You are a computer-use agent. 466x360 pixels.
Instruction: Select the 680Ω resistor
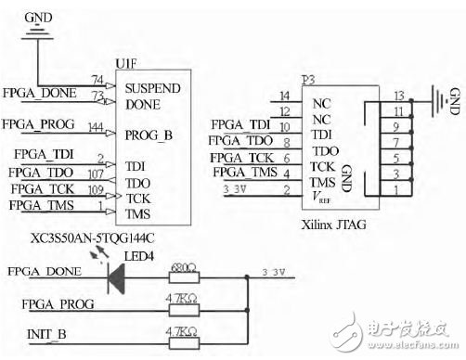pyautogui.click(x=181, y=276)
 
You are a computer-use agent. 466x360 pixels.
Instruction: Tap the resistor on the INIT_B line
pyautogui.click(x=181, y=332)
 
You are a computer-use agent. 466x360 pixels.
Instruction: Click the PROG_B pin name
pyautogui.click(x=149, y=135)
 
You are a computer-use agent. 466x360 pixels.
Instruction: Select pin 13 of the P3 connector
pyautogui.click(x=398, y=96)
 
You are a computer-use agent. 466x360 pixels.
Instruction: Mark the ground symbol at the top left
pyautogui.click(x=37, y=32)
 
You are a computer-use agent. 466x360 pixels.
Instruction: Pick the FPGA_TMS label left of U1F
pyautogui.click(x=40, y=205)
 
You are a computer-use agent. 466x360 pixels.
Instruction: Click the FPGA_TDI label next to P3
pyautogui.click(x=240, y=124)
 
